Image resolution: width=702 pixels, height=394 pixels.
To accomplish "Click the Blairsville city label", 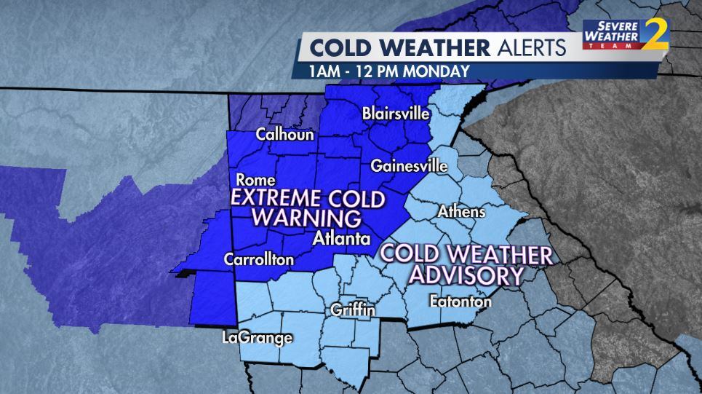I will point(396,113).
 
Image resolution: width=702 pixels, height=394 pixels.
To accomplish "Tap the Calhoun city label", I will point(284,135).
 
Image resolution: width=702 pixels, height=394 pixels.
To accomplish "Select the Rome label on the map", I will point(256,180).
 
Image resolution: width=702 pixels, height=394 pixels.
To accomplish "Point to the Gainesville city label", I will point(409,165).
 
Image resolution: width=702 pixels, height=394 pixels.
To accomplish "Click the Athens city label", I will point(461,212).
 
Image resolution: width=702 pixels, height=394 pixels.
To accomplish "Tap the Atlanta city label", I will point(341,238).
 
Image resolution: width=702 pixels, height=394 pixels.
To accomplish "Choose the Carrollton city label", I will point(259,259).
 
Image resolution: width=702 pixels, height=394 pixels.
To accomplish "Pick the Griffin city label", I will point(353,310).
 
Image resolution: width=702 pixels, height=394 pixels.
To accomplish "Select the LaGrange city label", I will point(258,337).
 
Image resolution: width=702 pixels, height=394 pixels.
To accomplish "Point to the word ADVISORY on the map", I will point(466,275).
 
